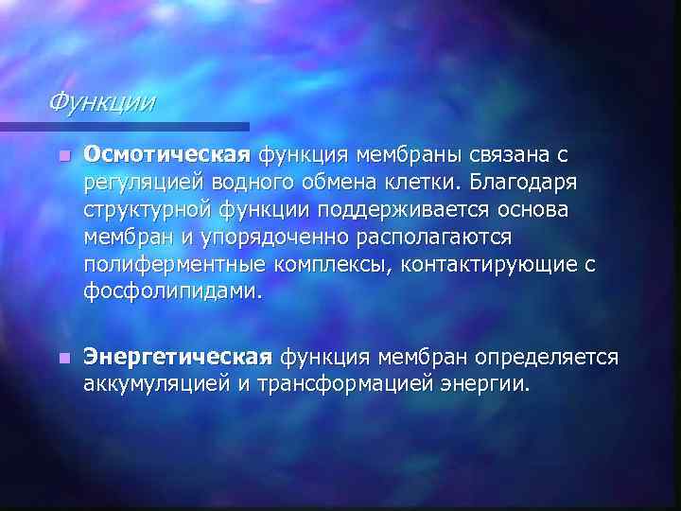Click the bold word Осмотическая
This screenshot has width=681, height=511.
tap(166, 154)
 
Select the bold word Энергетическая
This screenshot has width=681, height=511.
tap(179, 358)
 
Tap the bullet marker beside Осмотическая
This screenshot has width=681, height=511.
tap(62, 155)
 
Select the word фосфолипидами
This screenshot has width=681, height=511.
tap(169, 291)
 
